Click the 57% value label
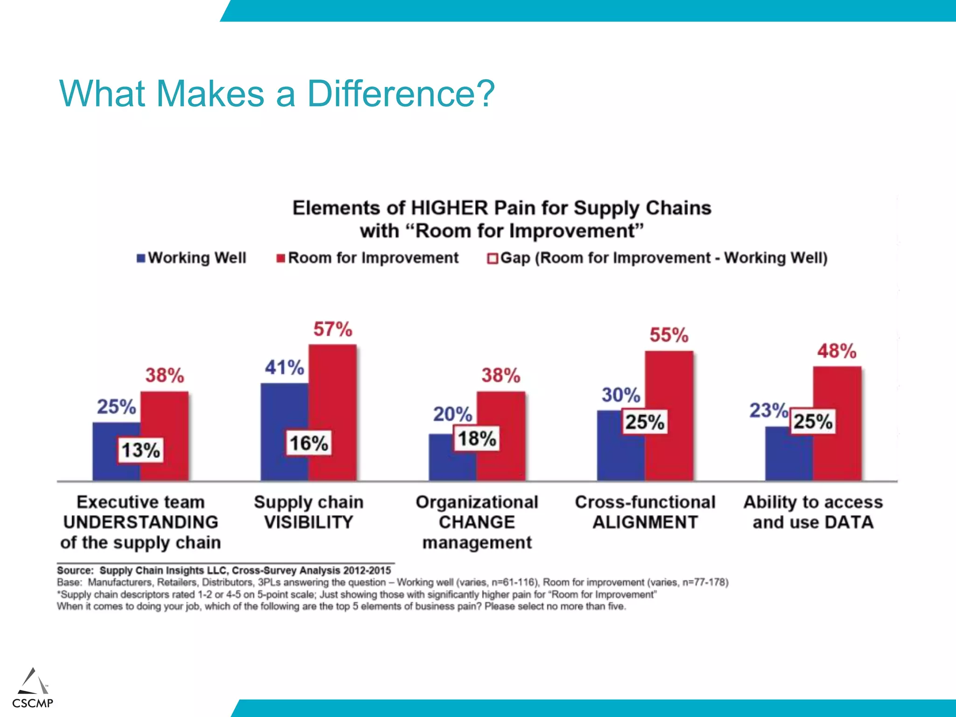coord(332,330)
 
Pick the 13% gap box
coord(141,450)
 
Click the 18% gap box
coord(477,439)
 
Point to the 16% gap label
coord(309,443)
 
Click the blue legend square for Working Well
coord(141,258)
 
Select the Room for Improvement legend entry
coord(373,258)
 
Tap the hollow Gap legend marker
coord(492,259)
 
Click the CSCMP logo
coord(33,689)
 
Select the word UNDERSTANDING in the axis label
coord(141,522)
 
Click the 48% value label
coord(836,351)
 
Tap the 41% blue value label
coord(284,368)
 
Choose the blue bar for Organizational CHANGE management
coord(441,462)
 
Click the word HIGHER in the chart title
coord(449,208)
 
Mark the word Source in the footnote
coord(74,570)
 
